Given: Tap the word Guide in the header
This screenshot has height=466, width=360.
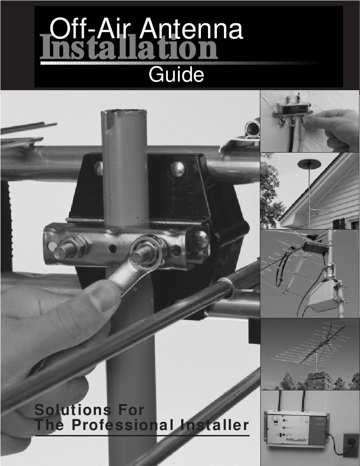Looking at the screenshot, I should [x=176, y=75].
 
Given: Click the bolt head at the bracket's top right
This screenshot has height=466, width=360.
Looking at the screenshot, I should [x=178, y=169].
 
